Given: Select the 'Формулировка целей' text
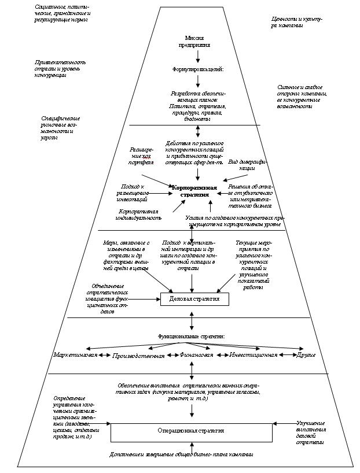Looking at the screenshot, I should click(x=198, y=69).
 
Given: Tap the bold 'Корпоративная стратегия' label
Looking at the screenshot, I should click(x=194, y=191).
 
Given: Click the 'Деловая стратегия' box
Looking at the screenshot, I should click(x=194, y=299).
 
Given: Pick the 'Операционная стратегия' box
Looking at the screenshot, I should click(x=191, y=431).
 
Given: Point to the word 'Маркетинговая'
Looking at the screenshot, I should click(x=75, y=354).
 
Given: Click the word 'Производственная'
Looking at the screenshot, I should click(x=138, y=356).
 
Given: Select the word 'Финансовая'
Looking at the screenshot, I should click(x=197, y=354).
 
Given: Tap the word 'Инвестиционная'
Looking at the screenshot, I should click(x=253, y=354).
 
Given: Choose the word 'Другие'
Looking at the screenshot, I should click(x=306, y=354).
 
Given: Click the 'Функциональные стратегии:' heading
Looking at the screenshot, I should click(x=192, y=336).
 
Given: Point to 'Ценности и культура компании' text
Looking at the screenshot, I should click(x=295, y=22).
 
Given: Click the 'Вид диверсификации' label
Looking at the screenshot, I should click(x=247, y=164).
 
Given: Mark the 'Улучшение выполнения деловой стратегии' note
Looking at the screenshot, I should click(x=311, y=433).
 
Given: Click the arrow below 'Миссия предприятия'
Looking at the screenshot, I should click(x=198, y=56).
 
